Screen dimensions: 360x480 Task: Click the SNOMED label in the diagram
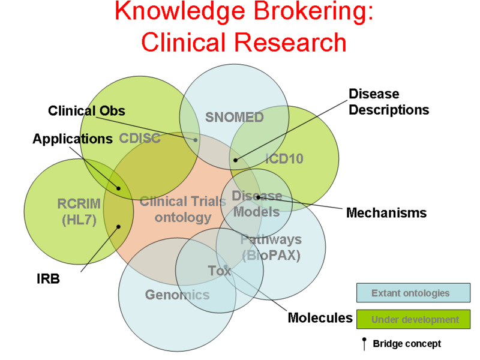click(234, 118)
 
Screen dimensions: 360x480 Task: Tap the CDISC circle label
click(140, 139)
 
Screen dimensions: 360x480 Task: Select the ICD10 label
click(284, 159)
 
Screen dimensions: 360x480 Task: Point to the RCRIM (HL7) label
click(79, 212)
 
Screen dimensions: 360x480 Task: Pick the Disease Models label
click(256, 204)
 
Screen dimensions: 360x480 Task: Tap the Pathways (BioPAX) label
click(271, 247)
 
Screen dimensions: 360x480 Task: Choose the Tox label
click(219, 271)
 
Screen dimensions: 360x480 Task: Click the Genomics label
click(177, 295)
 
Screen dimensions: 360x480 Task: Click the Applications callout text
click(73, 139)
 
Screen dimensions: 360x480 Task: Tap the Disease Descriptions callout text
click(389, 102)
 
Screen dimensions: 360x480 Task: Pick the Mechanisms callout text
click(386, 212)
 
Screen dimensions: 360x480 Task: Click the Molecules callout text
click(320, 317)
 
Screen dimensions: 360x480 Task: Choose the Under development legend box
click(413, 319)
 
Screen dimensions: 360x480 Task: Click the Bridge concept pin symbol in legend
click(364, 344)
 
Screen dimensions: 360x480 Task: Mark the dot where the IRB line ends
click(119, 226)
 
